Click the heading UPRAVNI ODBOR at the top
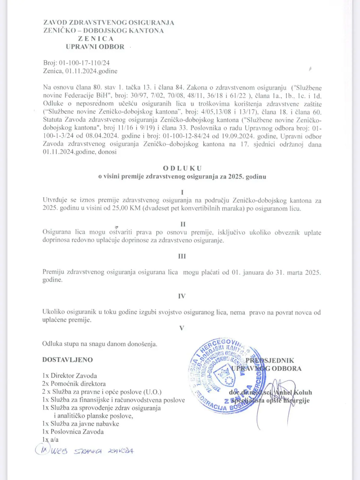tap(95, 47)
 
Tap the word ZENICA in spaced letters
tap(96, 39)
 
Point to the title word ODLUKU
tap(182, 168)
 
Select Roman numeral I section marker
tap(182, 192)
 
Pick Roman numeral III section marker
tap(182, 256)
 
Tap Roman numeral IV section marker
tap(182, 296)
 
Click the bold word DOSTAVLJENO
tap(68, 360)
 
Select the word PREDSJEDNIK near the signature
tap(270, 361)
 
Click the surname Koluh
tap(303, 392)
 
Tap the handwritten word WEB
tap(59, 451)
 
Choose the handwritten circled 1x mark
tap(42, 450)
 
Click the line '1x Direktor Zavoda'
tap(70, 376)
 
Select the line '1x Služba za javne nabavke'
tap(81, 424)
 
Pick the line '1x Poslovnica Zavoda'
tap(73, 432)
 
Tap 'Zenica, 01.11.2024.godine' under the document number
tap(80, 71)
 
